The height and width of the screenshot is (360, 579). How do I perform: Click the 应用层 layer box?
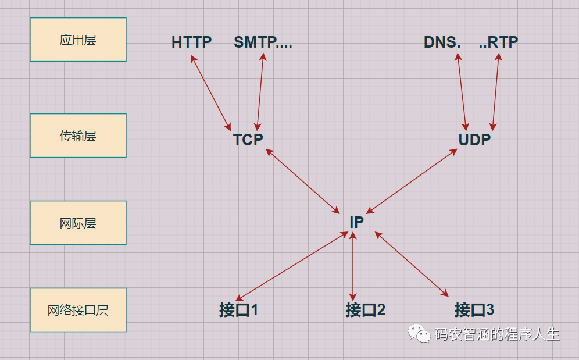(x=78, y=40)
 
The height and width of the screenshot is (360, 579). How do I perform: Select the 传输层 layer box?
(x=78, y=136)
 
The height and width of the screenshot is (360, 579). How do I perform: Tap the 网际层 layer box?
(x=78, y=223)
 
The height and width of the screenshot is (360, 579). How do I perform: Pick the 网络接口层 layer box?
(x=78, y=310)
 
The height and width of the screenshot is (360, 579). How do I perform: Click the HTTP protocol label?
(x=192, y=42)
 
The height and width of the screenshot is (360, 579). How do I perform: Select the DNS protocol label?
(x=442, y=42)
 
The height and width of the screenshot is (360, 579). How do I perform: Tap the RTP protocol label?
(x=498, y=42)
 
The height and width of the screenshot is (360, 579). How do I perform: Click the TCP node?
(x=248, y=140)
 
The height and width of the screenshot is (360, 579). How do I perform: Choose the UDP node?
(x=474, y=140)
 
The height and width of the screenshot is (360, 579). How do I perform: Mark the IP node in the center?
(x=356, y=222)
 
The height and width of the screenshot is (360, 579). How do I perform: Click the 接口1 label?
(x=238, y=310)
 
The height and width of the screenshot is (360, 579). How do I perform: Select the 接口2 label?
(x=365, y=310)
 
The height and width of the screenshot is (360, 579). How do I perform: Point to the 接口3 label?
(x=474, y=310)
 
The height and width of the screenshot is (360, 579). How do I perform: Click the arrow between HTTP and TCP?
(x=211, y=92)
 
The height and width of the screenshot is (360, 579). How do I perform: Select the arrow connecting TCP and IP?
(x=302, y=180)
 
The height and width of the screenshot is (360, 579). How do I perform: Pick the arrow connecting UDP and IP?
(x=411, y=181)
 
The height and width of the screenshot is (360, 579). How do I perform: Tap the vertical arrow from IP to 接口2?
(x=353, y=266)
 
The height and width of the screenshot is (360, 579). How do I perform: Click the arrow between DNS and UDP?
(x=462, y=91)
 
